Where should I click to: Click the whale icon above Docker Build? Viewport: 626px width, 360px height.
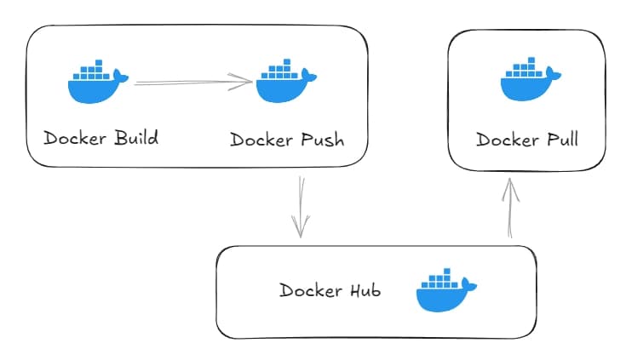pyautogui.click(x=97, y=82)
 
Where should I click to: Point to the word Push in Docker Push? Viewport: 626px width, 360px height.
pyautogui.click(x=322, y=139)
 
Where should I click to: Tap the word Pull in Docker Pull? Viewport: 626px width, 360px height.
pyautogui.click(x=560, y=140)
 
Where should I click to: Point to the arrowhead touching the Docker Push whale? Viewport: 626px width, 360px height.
pyautogui.click(x=247, y=82)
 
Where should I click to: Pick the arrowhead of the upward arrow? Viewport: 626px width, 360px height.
pyautogui.click(x=510, y=185)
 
